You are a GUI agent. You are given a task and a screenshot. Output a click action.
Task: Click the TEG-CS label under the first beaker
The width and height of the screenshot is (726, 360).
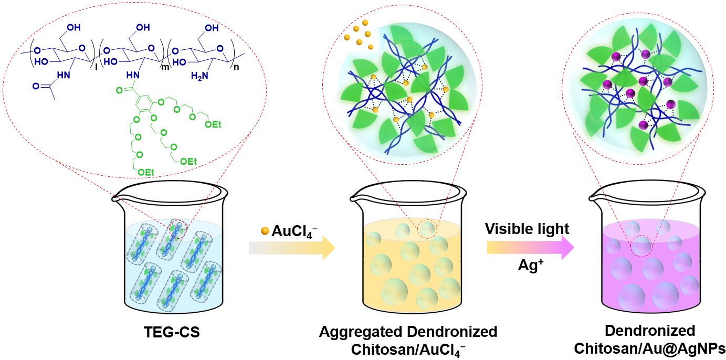point(172,332)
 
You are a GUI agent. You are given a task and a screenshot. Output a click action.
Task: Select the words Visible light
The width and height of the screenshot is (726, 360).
point(527,229)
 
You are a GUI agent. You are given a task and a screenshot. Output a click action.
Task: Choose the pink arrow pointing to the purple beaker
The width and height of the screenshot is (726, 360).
point(531,248)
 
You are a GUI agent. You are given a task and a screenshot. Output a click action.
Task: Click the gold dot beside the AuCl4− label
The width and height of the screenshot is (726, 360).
point(265,231)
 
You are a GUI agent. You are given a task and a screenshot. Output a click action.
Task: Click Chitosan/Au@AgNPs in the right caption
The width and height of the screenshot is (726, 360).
point(649,348)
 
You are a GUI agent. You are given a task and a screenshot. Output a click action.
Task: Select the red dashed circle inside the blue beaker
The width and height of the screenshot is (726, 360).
point(179,229)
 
